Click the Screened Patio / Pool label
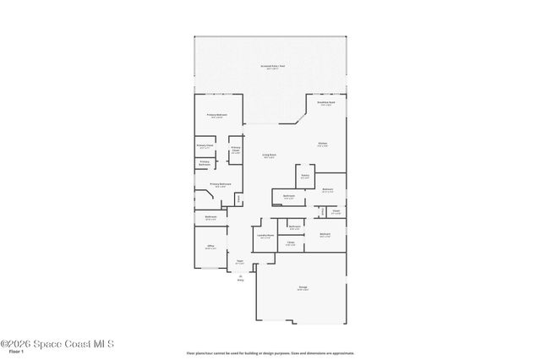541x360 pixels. point(270,66)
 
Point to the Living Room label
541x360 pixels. point(269,155)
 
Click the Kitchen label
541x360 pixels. point(323,144)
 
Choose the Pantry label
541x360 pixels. point(304,177)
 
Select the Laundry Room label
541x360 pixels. point(265,236)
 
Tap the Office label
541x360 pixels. point(210,247)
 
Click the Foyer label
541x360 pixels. point(240,261)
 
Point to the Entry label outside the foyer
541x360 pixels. point(241,278)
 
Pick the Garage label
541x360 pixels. point(303,288)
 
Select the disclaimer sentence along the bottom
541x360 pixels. point(270,352)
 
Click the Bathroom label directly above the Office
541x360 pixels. point(210,218)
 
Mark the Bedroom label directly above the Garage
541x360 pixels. point(325,234)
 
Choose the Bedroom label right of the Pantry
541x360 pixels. point(328,189)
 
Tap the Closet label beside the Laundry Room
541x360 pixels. point(290,243)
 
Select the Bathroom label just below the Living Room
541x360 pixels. point(288,196)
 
